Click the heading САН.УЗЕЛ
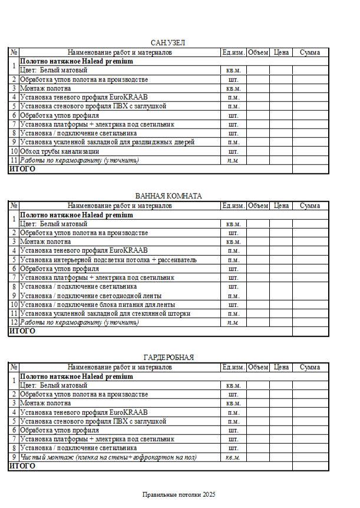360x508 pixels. (168, 43)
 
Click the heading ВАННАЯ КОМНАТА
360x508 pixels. (168, 196)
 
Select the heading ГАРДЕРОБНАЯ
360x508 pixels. (168, 358)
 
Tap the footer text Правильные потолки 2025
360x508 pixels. (179, 494)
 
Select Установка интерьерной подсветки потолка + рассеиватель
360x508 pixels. (108, 260)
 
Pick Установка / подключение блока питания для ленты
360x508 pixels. (97, 305)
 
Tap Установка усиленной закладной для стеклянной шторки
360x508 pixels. (105, 314)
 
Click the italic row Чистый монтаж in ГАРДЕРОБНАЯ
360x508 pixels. (108, 457)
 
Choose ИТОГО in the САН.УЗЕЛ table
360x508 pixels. (22, 169)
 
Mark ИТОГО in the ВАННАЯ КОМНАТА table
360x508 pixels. (22, 331)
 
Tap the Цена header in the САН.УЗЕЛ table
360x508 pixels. (281, 52)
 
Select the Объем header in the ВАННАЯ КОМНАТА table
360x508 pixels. (258, 206)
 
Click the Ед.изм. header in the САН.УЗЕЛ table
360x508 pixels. (233, 52)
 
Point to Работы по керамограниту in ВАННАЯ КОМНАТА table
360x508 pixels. (79, 322)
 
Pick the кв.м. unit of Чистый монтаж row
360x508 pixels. (233, 457)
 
